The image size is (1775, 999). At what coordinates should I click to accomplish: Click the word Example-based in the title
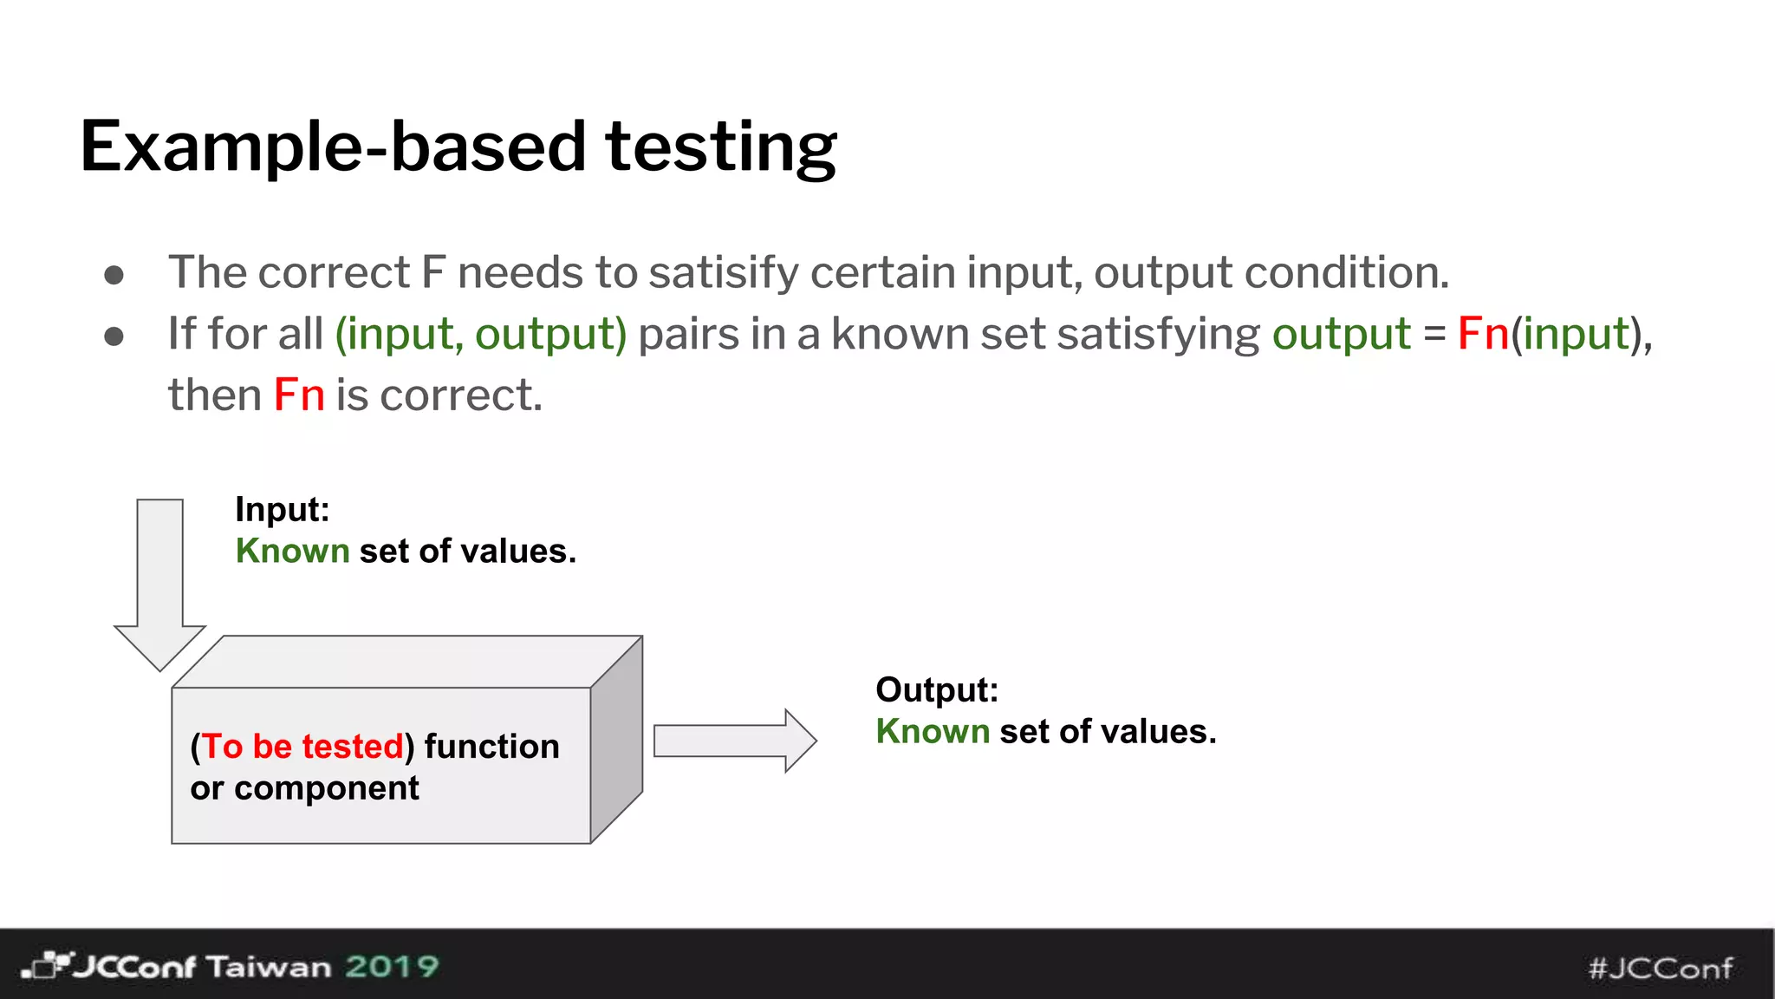[333, 147]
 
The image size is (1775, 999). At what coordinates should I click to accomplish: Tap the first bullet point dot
[114, 275]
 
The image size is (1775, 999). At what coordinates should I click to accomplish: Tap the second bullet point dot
[114, 336]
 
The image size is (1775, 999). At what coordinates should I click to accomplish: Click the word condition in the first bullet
[1345, 273]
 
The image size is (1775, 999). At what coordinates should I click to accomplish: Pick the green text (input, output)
[481, 335]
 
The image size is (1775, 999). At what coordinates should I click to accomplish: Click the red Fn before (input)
[1483, 335]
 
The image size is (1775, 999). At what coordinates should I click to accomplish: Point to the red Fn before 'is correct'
[299, 396]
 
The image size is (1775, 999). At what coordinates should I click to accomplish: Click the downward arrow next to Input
[160, 584]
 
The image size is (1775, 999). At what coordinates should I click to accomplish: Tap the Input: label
[283, 510]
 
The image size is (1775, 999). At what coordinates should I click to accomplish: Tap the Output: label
[937, 690]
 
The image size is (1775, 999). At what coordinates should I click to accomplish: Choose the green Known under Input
[292, 552]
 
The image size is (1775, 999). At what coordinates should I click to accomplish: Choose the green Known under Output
[933, 732]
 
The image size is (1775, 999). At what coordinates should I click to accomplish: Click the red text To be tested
[302, 747]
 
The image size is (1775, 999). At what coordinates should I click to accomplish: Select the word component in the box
[326, 788]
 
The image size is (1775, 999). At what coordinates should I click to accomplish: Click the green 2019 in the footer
[392, 966]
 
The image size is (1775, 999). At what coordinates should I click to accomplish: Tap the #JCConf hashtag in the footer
[1660, 968]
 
